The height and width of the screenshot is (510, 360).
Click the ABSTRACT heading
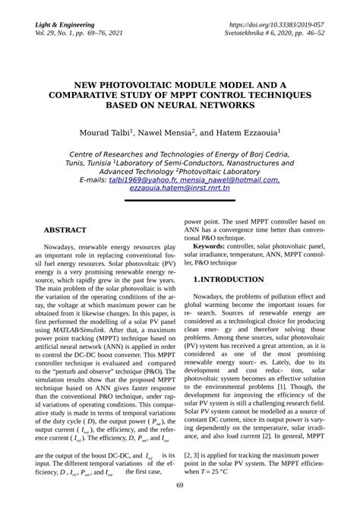(65, 230)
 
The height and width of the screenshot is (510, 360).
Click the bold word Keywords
(213, 247)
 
